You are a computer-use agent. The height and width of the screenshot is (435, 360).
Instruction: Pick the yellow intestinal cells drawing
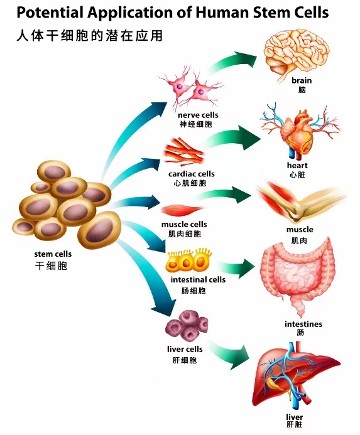pos(189,260)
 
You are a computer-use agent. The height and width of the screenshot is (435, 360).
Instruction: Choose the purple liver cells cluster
pos(187,326)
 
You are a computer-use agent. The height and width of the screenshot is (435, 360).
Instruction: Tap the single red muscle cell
pos(183,210)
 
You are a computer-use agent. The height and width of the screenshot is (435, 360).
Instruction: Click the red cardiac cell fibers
pos(184,153)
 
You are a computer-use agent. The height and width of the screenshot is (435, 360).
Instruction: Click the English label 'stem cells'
pos(53,254)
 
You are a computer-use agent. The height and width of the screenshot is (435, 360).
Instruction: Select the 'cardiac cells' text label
pos(192,174)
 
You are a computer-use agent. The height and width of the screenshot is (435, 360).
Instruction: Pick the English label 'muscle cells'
pos(184,224)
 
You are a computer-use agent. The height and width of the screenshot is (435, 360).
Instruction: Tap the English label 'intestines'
pos(303,324)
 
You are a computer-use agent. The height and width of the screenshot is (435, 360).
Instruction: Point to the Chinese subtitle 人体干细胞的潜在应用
pos(89,36)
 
